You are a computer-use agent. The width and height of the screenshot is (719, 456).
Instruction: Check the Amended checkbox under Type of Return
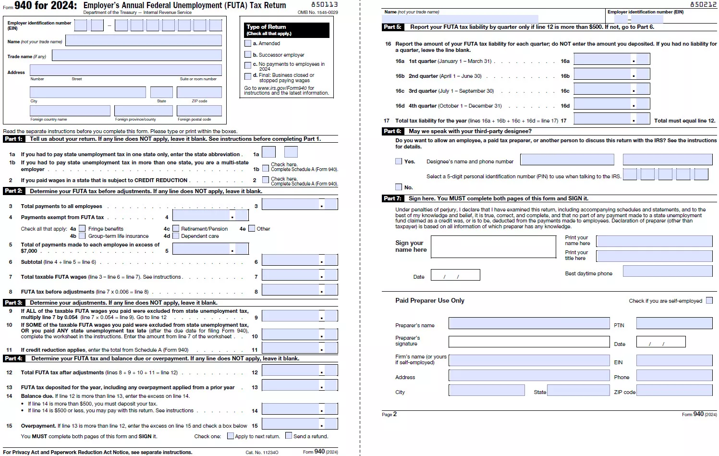click(248, 43)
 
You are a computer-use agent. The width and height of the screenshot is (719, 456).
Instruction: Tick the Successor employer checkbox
click(248, 55)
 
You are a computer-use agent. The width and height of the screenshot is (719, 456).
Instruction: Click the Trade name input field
click(136, 56)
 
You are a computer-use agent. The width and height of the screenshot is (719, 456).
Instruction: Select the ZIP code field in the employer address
click(199, 92)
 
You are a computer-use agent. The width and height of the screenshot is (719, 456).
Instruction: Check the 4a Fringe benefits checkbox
click(82, 229)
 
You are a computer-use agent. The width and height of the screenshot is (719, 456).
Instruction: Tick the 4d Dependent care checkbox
click(176, 236)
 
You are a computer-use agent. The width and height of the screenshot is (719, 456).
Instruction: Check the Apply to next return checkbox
click(231, 436)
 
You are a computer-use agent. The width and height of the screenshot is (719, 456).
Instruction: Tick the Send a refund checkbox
click(289, 436)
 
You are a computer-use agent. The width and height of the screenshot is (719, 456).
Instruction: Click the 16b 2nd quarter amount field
click(603, 74)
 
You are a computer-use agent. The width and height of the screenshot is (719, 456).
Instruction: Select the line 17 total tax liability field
click(603, 119)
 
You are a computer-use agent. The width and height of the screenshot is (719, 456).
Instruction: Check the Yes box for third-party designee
click(399, 161)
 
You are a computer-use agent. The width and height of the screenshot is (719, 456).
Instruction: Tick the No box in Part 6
click(399, 187)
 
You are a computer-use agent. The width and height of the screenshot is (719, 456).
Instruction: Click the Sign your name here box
click(493, 246)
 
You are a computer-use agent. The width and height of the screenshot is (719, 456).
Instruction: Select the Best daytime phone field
click(667, 271)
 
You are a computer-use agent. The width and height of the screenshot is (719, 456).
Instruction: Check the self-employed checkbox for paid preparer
click(709, 301)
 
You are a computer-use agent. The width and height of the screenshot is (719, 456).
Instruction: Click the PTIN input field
click(674, 323)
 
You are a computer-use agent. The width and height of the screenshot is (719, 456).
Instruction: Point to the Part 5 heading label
click(392, 27)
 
